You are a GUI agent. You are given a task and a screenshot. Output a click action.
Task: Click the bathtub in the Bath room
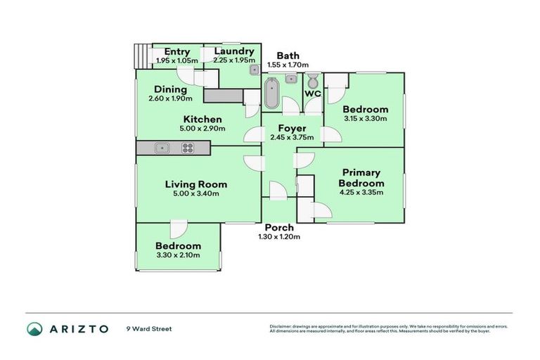tap(271, 94)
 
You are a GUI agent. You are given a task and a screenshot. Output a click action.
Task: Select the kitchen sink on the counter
tap(162, 148)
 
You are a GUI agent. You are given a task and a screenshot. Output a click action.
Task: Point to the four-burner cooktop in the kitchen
tap(188, 148)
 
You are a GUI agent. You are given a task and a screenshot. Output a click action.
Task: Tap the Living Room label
tap(196, 184)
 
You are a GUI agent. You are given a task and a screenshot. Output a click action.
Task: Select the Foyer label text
tap(292, 129)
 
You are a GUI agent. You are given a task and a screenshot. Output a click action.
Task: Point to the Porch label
tap(279, 228)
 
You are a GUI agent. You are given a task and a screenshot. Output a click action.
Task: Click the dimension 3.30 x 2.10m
tap(178, 255)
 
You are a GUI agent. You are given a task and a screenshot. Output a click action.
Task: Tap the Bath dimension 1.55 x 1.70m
tap(288, 65)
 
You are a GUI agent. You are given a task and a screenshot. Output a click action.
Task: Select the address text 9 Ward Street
tap(149, 328)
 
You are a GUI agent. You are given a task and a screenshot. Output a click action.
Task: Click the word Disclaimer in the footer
tap(283, 326)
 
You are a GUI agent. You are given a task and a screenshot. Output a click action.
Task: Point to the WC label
tap(312, 94)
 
